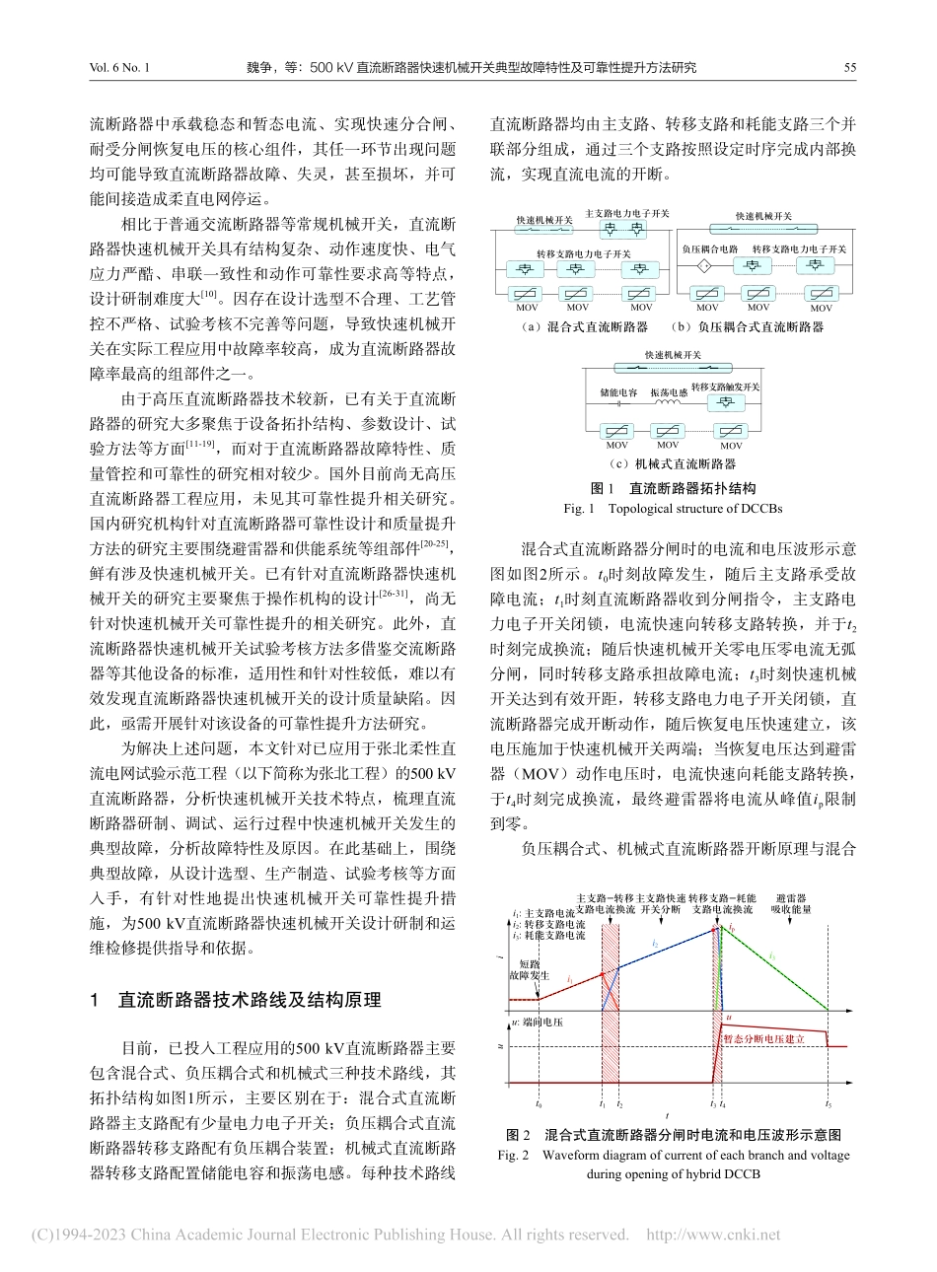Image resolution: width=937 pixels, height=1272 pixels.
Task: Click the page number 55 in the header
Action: [849, 68]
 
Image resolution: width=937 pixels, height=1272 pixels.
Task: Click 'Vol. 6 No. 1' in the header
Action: [117, 68]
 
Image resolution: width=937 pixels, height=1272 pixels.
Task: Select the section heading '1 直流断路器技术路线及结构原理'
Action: [235, 1000]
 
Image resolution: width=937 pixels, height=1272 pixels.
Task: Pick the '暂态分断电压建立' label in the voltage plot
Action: [765, 1038]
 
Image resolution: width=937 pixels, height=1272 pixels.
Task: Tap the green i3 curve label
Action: [772, 956]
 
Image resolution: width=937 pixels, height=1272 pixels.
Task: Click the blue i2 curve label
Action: [655, 944]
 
